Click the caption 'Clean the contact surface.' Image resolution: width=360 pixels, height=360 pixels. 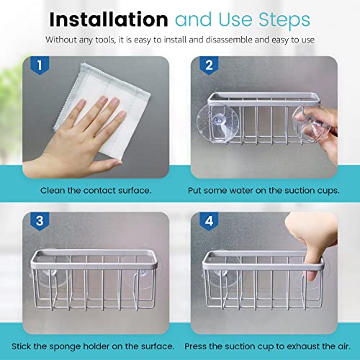click(96, 189)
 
